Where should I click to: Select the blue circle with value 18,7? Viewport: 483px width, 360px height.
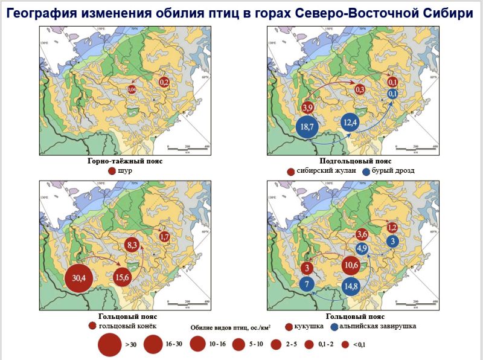click(307, 127)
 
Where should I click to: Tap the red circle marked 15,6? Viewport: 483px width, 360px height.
click(124, 277)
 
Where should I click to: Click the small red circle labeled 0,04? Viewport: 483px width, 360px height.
click(132, 90)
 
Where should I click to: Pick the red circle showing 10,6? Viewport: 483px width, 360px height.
click(352, 265)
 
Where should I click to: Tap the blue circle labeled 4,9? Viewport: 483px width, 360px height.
click(362, 248)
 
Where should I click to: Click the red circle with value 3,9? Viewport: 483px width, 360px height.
click(307, 108)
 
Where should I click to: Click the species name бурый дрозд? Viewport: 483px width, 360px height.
click(393, 171)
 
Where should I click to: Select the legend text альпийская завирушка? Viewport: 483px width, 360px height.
click(376, 326)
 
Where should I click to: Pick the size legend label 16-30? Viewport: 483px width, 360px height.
click(174, 344)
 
